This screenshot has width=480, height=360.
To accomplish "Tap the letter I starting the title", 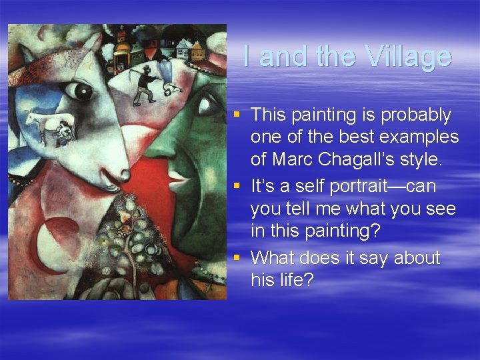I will click(247, 57).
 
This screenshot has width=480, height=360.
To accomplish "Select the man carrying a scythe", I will click(145, 83).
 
